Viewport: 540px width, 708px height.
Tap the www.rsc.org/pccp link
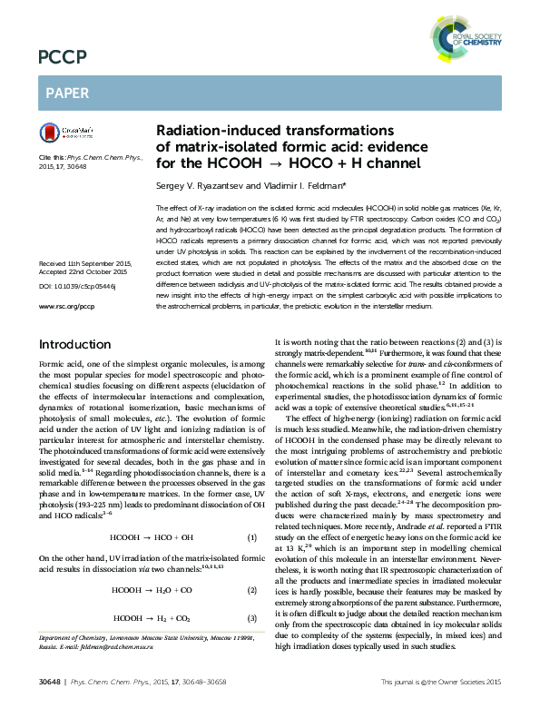click(x=66, y=281)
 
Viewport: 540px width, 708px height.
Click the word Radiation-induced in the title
click(x=206, y=131)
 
